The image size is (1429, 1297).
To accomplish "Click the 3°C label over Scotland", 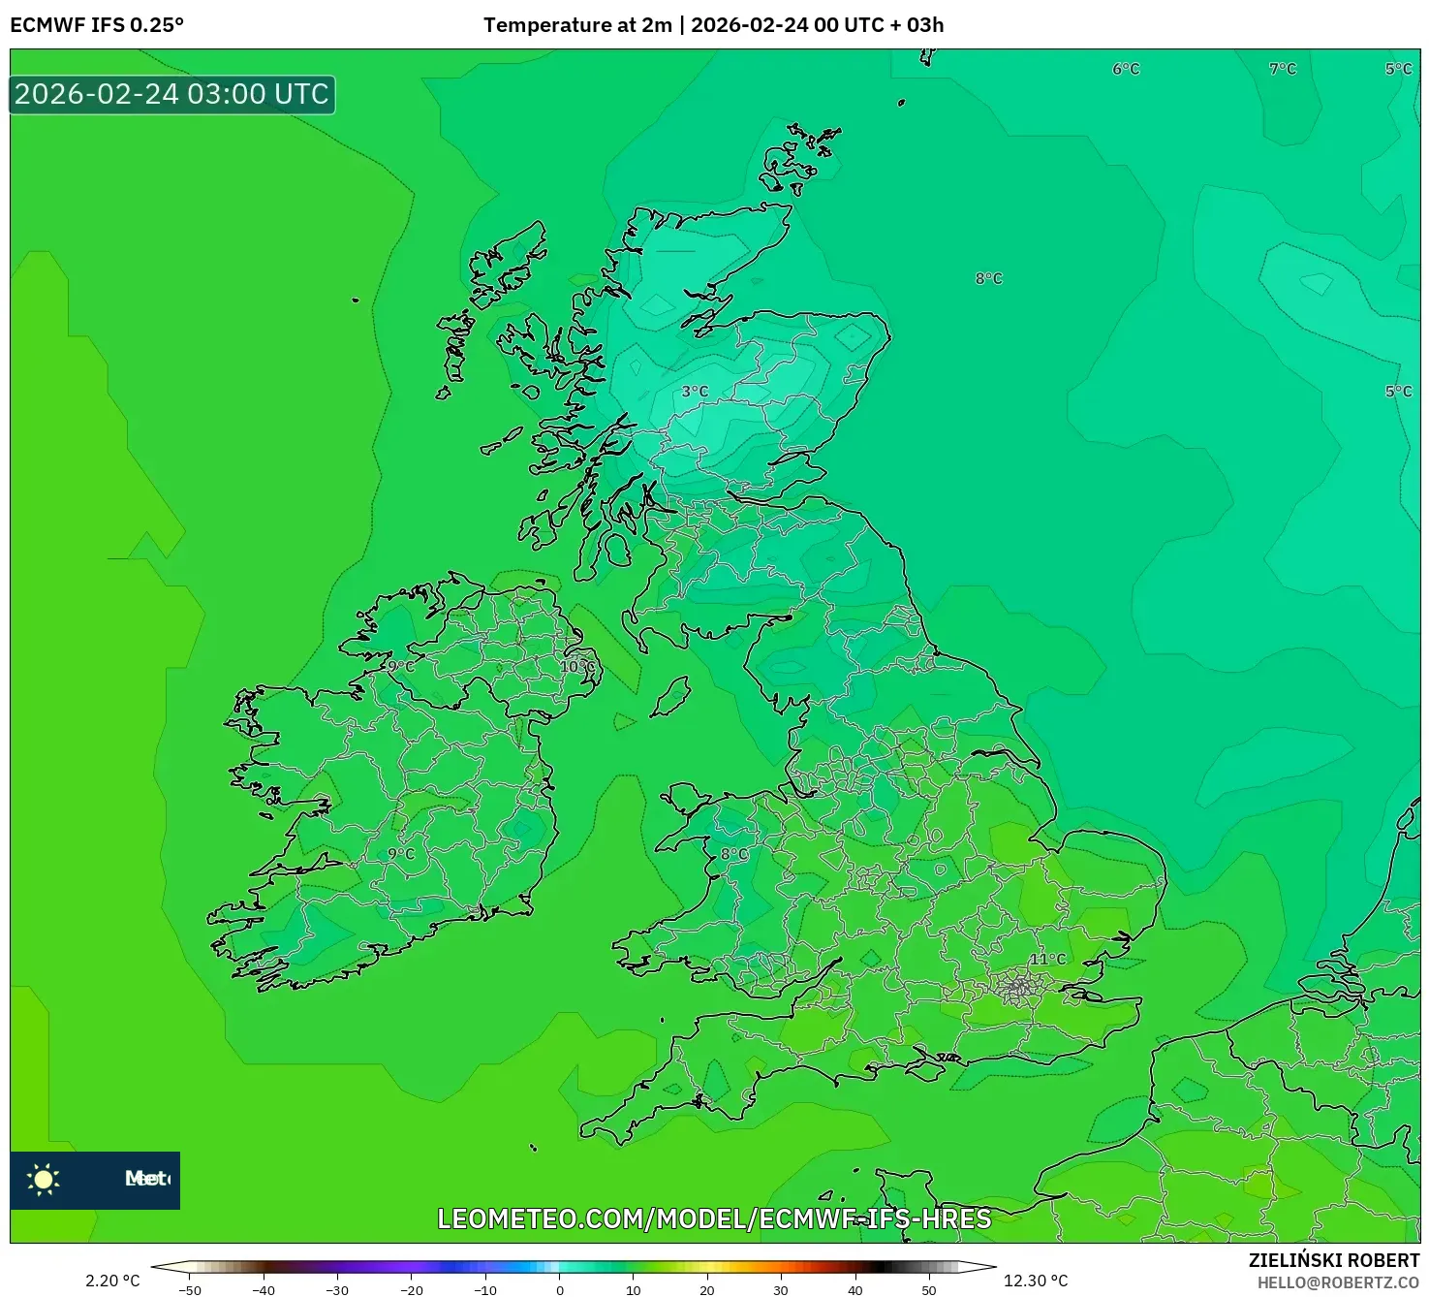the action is (x=695, y=392).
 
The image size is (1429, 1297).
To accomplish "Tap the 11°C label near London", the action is (x=1047, y=960).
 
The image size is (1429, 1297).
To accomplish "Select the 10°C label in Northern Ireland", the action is (x=577, y=667).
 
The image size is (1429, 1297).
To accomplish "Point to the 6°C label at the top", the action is (x=1126, y=69).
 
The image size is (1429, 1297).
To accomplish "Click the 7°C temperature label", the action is (x=1283, y=69).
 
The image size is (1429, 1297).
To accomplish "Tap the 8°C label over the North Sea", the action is (x=989, y=279).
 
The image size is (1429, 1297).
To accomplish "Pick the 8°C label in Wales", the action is (x=734, y=854).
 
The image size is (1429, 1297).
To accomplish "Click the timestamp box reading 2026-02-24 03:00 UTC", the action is (x=172, y=95).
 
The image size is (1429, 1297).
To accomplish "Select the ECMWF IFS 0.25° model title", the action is (x=97, y=25).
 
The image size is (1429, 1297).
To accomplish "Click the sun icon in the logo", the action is (x=44, y=1180).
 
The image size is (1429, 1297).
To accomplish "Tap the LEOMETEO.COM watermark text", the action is (x=714, y=1218).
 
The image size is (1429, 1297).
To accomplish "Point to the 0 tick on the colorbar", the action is (x=559, y=1290).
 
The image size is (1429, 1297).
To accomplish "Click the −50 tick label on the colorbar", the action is (x=190, y=1290).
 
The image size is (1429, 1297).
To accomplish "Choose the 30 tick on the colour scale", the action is (x=781, y=1290).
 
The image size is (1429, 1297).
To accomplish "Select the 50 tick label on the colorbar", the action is (x=928, y=1290).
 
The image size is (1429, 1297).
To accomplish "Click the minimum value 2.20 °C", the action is (x=112, y=1281).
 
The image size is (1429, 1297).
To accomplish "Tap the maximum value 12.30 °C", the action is (x=1035, y=1281).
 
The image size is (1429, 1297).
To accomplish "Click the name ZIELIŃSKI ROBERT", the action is (x=1334, y=1261).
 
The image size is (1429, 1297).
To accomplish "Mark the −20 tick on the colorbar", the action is (x=412, y=1290).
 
